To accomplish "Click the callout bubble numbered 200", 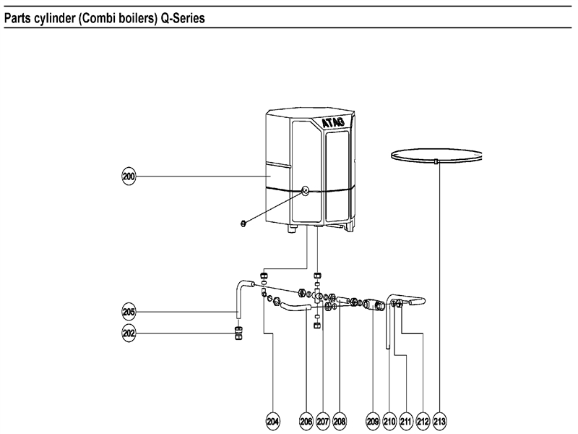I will pyautogui.click(x=129, y=176).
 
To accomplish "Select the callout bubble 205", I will pyautogui.click(x=129, y=312).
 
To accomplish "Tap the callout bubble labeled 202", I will pyautogui.click(x=129, y=334).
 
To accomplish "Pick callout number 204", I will pyautogui.click(x=273, y=421).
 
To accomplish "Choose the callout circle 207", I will pyautogui.click(x=323, y=421).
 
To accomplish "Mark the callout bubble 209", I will pyautogui.click(x=373, y=421).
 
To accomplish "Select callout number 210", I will pyautogui.click(x=389, y=421).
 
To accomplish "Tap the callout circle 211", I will pyautogui.click(x=406, y=421).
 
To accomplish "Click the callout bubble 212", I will pyautogui.click(x=423, y=421).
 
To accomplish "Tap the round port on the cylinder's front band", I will pyautogui.click(x=305, y=192).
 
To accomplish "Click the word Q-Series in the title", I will pyautogui.click(x=176, y=18).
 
